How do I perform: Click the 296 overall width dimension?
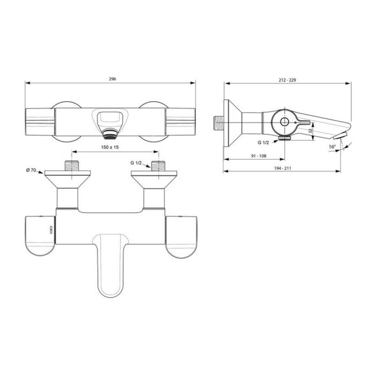coord(112,78)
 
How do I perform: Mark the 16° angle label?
coord(332,146)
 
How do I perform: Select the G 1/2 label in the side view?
coord(264,143)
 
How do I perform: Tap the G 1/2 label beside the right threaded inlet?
coord(137,162)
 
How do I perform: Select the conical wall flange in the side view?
coord(232,123)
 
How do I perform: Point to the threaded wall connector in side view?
coord(216,122)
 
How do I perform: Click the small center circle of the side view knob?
coord(284,122)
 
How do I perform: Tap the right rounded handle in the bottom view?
coord(182,238)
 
